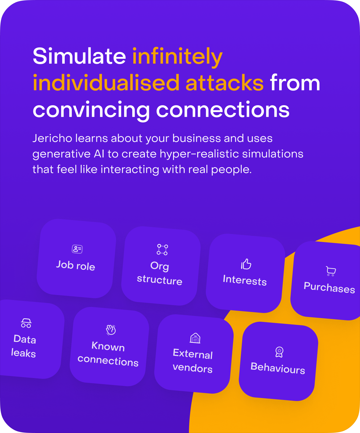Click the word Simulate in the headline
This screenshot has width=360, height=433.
pos(79,56)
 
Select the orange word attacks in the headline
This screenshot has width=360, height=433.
pos(224,83)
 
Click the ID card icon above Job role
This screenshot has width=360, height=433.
pos(77,249)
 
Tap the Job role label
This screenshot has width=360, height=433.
pos(76,266)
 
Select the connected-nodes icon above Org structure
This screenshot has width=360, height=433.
pos(162,250)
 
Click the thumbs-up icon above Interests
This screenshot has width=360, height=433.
pos(246,264)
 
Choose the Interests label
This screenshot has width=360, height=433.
pos(245,280)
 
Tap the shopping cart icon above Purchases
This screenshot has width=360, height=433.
pos(331,271)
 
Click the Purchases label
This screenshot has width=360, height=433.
pos(329,288)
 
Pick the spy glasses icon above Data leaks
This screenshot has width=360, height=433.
pos(26,323)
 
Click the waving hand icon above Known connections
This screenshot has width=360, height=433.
pos(111,330)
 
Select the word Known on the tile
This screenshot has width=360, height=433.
pos(108,346)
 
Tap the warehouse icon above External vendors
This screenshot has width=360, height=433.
pos(195,338)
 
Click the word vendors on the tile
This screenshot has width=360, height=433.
pos(192,368)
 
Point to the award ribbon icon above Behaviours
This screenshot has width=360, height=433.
pos(279,352)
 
